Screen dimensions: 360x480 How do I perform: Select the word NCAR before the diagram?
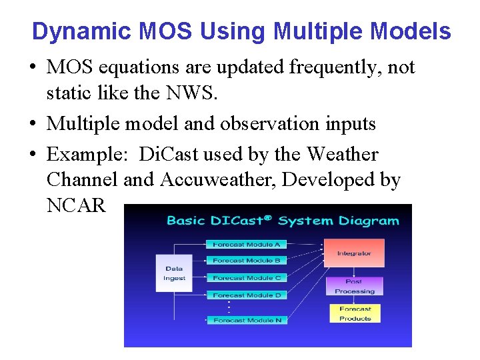pos(76,205)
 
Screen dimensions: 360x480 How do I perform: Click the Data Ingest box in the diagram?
pos(174,273)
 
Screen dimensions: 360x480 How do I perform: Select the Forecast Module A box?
pos(247,245)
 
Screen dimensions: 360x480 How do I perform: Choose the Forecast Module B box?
pos(247,261)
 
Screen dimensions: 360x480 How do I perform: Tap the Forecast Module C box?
pos(247,277)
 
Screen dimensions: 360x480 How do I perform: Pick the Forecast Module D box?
pos(247,295)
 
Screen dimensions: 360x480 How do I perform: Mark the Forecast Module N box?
pos(247,320)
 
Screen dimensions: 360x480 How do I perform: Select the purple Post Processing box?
pos(354,287)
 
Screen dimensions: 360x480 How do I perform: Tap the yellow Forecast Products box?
pos(355,313)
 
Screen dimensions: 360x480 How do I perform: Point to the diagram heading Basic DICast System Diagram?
pos(283,220)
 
